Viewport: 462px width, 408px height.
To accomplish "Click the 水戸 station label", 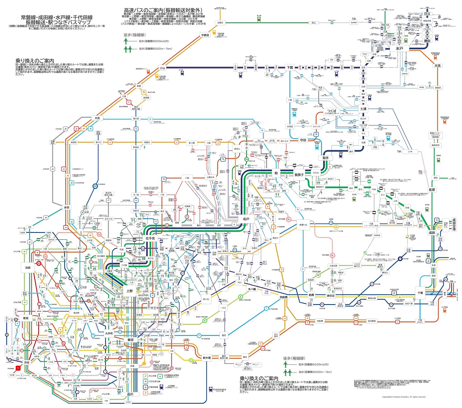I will (399, 49).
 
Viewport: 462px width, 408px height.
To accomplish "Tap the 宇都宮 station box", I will (205, 35).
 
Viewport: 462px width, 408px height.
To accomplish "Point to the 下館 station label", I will (290, 68).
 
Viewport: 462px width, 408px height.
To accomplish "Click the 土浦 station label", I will (363, 109).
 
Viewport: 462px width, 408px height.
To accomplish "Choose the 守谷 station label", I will (303, 140).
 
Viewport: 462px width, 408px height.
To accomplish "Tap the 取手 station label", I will (325, 158).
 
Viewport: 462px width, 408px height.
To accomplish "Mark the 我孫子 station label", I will (299, 175).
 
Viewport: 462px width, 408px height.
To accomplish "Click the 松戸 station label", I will (246, 219).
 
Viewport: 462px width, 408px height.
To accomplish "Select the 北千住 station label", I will (150, 238).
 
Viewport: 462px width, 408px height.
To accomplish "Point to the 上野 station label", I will (130, 291).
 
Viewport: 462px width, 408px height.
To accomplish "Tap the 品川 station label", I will (130, 394).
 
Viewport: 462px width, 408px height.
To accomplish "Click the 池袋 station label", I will (28, 268).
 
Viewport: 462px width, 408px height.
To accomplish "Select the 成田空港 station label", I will (454, 224).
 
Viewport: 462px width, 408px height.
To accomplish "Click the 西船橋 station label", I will (284, 297).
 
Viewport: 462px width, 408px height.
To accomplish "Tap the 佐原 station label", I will (432, 190).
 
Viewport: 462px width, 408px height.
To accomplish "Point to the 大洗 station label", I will (437, 66).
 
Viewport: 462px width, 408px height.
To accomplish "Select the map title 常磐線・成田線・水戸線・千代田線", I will (57, 18).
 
